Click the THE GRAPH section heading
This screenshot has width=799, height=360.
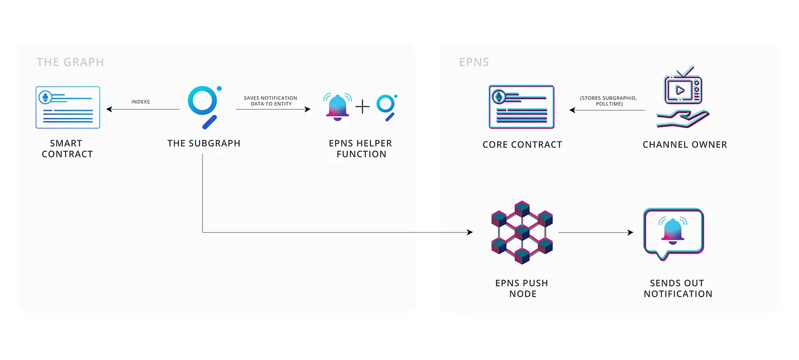tap(70, 62)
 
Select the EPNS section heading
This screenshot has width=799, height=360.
tap(474, 62)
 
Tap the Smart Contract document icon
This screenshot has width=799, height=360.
tap(67, 107)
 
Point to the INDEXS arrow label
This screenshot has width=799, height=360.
tap(140, 102)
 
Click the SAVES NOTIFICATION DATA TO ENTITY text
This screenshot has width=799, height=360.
tap(271, 101)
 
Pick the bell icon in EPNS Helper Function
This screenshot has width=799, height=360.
tap(337, 106)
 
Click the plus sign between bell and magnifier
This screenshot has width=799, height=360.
tap(362, 107)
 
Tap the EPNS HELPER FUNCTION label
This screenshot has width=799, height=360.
tap(361, 148)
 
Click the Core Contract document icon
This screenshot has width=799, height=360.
tap(522, 107)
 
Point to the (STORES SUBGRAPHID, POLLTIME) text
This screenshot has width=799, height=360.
tap(608, 101)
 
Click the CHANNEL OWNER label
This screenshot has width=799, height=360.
tap(685, 144)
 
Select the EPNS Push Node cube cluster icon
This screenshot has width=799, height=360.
tap(522, 232)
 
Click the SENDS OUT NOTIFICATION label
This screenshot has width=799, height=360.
tap(678, 288)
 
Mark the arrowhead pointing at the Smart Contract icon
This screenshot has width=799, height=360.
tap(109, 109)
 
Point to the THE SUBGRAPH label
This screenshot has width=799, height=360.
tap(204, 143)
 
